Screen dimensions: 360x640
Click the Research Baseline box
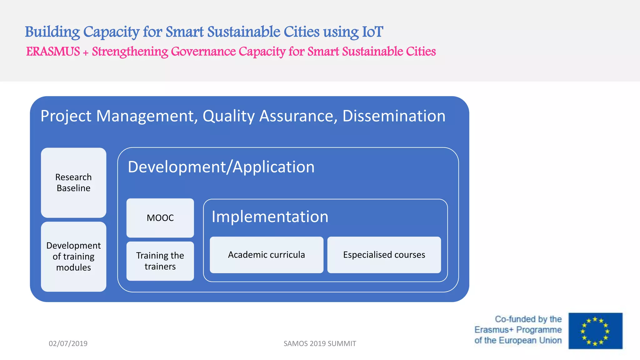[x=73, y=183]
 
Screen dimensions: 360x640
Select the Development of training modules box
[x=73, y=257]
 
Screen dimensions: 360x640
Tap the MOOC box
[x=160, y=218]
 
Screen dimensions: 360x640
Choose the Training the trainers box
[x=160, y=261]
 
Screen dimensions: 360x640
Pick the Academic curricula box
[x=266, y=255]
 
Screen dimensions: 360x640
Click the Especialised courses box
[x=384, y=255]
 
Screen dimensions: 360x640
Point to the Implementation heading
[x=270, y=217]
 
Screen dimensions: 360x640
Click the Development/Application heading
[x=221, y=167]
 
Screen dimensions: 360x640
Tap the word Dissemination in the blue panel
[x=394, y=116]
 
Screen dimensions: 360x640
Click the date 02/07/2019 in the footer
[x=68, y=343]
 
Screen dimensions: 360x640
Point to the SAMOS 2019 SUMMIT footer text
[x=320, y=343]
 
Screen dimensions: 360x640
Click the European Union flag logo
[x=595, y=331]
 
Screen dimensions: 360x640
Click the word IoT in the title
[x=372, y=32]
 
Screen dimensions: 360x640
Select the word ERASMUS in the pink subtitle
[x=53, y=52]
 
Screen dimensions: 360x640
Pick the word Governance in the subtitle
[x=203, y=52]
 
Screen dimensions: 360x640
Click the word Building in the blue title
[x=52, y=32]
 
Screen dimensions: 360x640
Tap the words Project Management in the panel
[x=119, y=116]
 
